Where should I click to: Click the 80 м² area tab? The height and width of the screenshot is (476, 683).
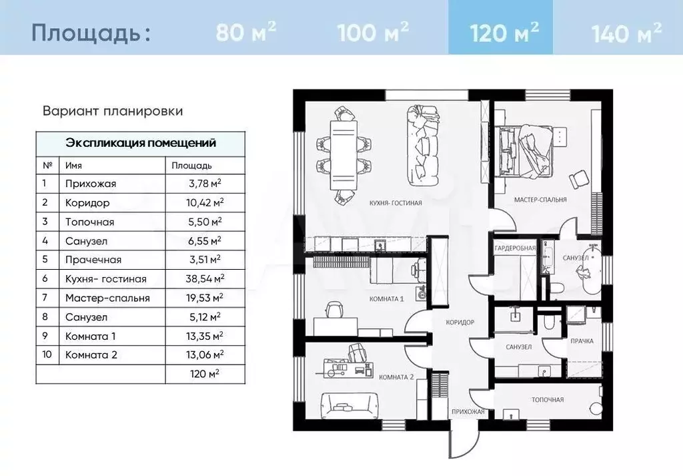tap(245, 31)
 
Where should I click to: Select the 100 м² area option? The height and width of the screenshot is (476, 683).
tap(373, 31)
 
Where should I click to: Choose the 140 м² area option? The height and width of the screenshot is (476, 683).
tap(626, 31)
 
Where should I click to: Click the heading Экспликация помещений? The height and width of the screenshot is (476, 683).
tap(141, 143)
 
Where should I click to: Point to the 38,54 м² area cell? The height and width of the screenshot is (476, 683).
tap(205, 278)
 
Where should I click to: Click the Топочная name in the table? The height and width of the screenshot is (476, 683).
tap(90, 222)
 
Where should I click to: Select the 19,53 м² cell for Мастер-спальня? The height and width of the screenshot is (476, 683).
tap(205, 298)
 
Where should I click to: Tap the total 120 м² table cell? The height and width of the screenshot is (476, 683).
tap(204, 374)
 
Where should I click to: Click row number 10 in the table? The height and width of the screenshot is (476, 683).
tap(47, 354)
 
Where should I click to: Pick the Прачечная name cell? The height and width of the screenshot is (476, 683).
tap(93, 260)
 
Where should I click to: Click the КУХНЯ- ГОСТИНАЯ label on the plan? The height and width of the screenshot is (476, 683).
tap(396, 203)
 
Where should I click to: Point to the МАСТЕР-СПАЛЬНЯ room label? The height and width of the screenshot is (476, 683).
tap(540, 200)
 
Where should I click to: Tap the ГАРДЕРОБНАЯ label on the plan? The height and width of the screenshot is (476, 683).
tap(515, 248)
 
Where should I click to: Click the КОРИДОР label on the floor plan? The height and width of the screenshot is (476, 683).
tap(460, 322)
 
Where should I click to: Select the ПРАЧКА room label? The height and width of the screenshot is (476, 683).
tap(582, 341)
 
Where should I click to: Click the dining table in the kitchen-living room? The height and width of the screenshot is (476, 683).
tap(344, 155)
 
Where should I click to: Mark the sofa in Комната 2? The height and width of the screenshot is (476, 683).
tap(349, 406)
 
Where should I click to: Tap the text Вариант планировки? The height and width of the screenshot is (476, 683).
tap(113, 111)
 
